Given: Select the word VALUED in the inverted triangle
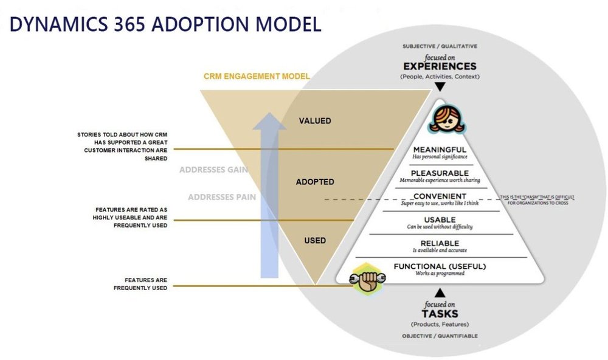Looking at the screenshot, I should pos(315,121).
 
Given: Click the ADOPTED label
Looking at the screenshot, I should pos(315,182).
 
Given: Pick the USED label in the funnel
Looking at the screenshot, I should pos(315,241).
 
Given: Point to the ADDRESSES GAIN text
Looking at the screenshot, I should pos(213,170).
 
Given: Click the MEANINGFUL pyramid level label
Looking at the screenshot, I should pos(440,150).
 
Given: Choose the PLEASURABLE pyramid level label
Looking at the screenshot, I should pos(440,173).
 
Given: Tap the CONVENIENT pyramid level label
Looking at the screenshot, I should pos(440,196).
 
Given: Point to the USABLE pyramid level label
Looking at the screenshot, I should pos(440,220).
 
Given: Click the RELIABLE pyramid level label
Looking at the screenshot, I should pos(440,243).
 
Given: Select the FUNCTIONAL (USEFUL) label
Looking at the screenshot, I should pos(440,266).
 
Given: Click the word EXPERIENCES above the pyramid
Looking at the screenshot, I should pos(440,66).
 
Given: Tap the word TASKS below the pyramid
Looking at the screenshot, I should pos(440,314).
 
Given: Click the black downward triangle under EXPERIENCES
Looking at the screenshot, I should pos(440,88).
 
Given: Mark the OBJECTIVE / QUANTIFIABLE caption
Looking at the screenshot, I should pos(440,336).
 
